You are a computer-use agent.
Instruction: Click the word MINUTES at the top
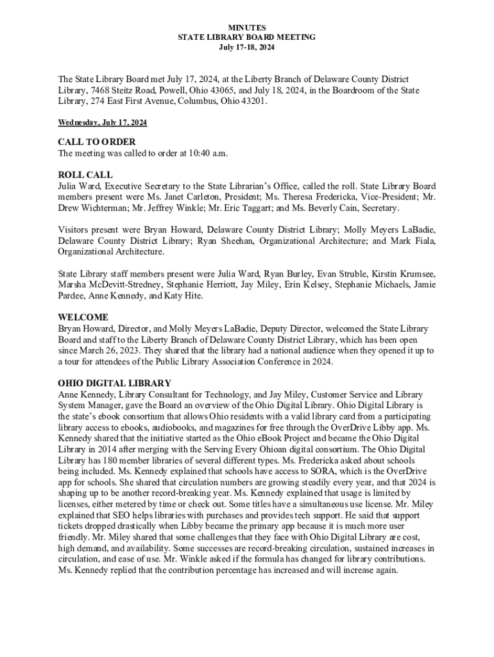[x=247, y=28]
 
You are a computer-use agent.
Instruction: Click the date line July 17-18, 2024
[x=247, y=48]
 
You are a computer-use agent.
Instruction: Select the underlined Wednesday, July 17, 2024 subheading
[x=102, y=122]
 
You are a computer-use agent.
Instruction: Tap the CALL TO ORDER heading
[x=97, y=142]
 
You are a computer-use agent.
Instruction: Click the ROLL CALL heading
[x=85, y=175]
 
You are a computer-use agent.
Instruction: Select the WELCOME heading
[x=83, y=317]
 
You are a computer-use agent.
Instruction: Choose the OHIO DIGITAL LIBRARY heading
[x=114, y=384]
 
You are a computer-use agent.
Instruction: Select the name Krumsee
[x=413, y=273]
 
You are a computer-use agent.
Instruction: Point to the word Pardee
[x=73, y=295]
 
